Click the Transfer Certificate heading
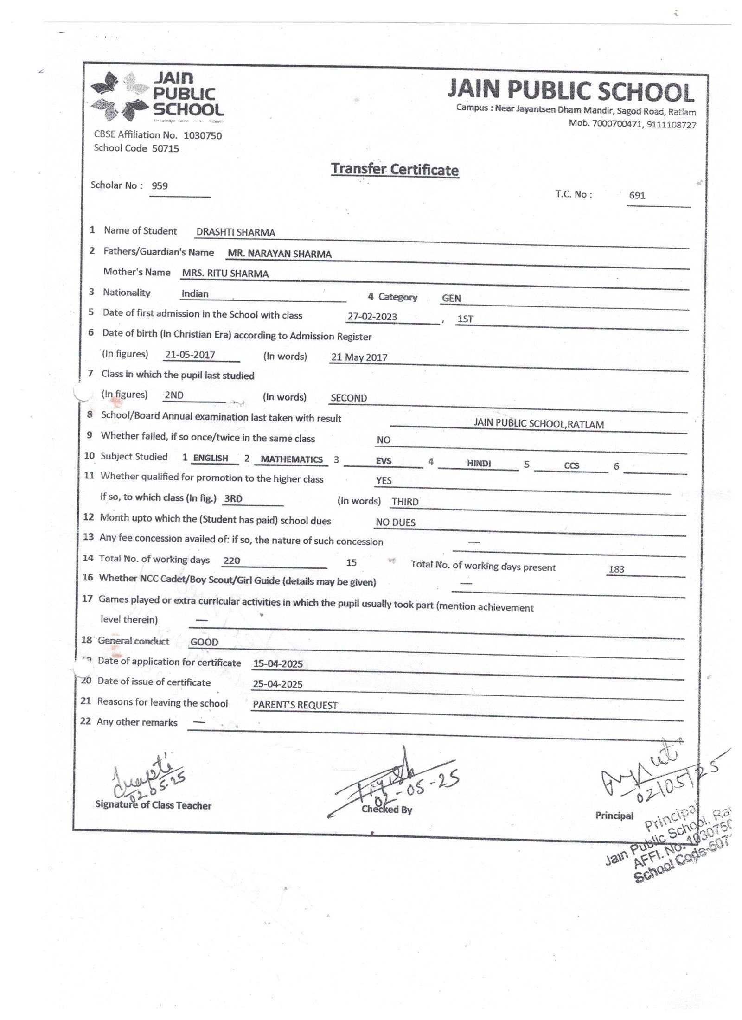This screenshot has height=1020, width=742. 395,170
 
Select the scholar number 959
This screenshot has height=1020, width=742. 160,186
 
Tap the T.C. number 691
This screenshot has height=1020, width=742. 637,196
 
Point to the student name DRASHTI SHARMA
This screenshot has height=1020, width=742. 236,233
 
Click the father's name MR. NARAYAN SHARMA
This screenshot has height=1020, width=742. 279,254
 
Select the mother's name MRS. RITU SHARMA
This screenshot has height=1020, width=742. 225,274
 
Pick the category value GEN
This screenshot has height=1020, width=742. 451,299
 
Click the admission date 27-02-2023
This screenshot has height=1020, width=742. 372,317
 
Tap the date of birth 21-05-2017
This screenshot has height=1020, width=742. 190,355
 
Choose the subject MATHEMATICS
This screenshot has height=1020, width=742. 292,459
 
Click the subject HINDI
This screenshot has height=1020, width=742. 479,463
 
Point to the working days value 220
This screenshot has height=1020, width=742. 231,561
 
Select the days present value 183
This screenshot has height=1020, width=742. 616,569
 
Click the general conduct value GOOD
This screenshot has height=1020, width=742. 204,642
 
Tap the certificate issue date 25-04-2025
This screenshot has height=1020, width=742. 278,684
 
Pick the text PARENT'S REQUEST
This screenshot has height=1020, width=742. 295,705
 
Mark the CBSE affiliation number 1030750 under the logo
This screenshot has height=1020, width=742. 203,136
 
